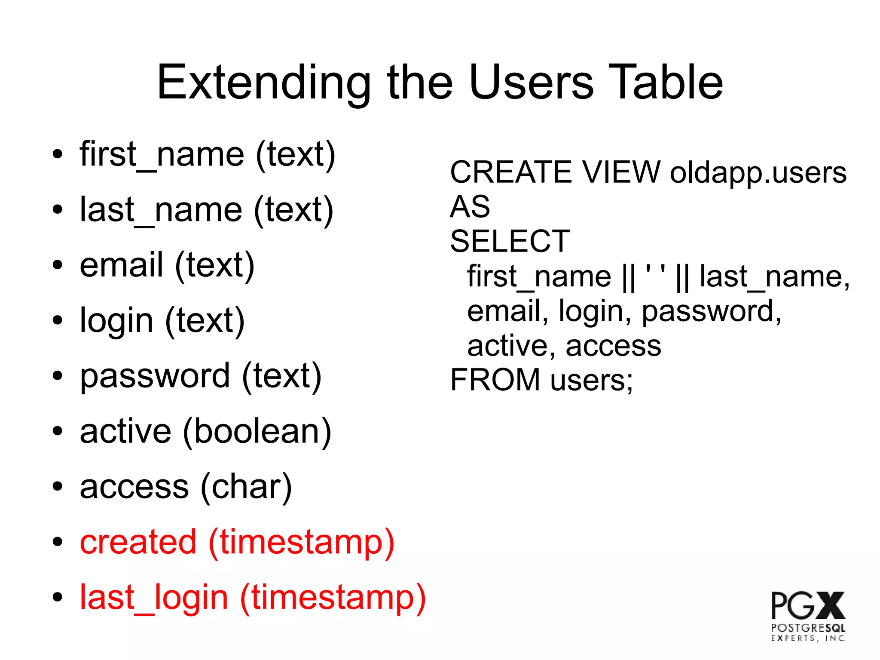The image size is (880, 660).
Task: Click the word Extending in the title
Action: [x=263, y=83]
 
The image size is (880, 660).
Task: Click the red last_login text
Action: [x=153, y=598]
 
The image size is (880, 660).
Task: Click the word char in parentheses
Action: [x=246, y=487]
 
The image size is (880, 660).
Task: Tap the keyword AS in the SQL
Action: [x=470, y=207]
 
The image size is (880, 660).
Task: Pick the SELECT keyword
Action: [x=510, y=242]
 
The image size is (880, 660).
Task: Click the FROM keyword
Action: [x=495, y=380]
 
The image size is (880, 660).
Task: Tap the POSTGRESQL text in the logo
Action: [x=807, y=628]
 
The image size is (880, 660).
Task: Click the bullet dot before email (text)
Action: [x=57, y=265]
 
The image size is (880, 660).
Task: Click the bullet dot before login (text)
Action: [x=57, y=321]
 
